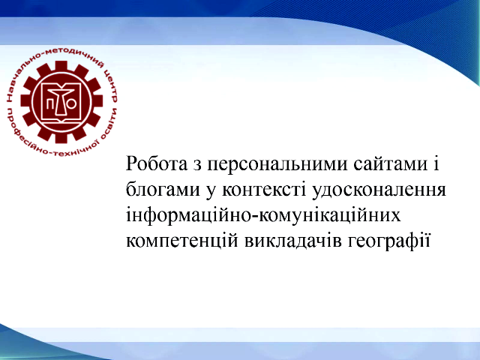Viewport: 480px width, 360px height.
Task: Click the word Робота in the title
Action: click(x=157, y=164)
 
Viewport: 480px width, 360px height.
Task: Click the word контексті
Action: click(x=264, y=190)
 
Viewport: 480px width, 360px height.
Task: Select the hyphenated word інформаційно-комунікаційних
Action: click(x=263, y=216)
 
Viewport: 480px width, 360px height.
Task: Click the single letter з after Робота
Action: click(x=197, y=165)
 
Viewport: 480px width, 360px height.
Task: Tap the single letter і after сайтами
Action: click(x=436, y=164)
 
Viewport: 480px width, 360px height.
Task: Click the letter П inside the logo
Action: click(x=49, y=104)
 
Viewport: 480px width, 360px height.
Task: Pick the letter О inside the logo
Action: click(x=72, y=104)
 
